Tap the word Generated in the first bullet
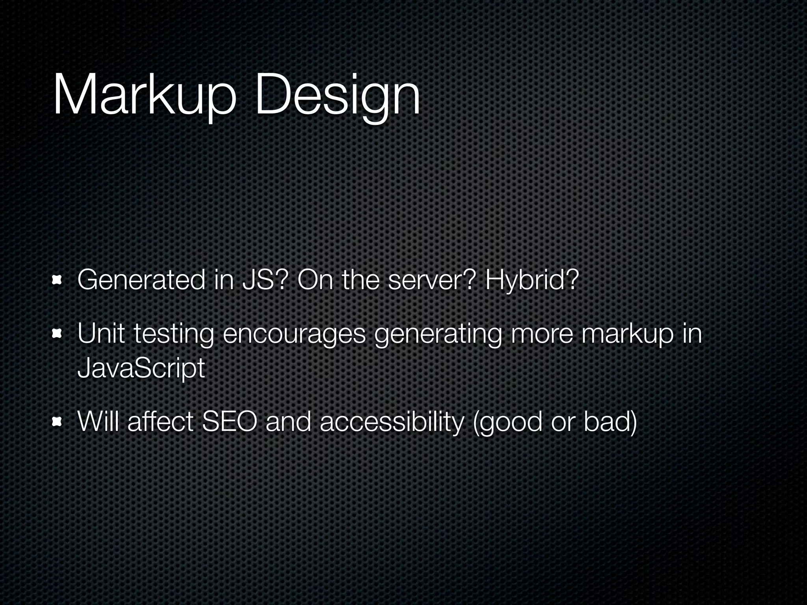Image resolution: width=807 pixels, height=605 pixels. point(141,280)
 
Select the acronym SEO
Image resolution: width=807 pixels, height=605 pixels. point(229,421)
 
